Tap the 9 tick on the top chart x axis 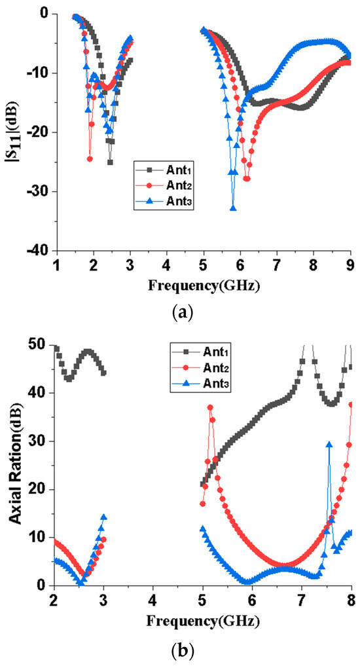tap(351, 263)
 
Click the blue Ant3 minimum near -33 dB tap(233, 208)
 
